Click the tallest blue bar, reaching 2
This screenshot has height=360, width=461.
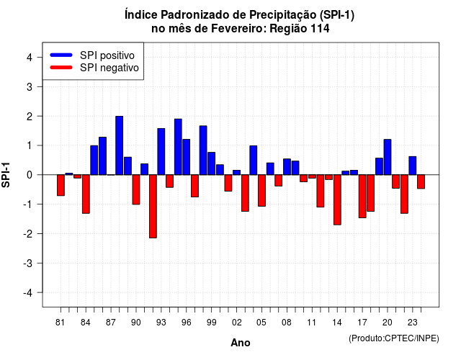tap(119, 145)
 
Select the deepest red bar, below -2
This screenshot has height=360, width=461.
tap(153, 207)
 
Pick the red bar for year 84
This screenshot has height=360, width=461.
tap(86, 194)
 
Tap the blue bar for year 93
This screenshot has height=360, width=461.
tap(161, 152)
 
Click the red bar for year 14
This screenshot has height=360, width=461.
tap(337, 200)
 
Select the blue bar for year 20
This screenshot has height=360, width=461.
tap(388, 157)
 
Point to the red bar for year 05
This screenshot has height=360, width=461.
tap(261, 190)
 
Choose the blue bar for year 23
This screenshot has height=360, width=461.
tap(413, 166)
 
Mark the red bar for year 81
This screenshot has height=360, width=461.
tap(61, 185)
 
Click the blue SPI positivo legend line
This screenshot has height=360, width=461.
tap(61, 55)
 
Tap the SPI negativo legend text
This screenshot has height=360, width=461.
tap(109, 68)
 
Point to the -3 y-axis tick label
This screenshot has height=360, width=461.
tap(28, 264)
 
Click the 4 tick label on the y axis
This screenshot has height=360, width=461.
tap(30, 58)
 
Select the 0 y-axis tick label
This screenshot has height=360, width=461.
tap(30, 175)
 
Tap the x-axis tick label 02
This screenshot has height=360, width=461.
tap(237, 323)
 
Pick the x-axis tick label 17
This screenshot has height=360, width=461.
tap(362, 323)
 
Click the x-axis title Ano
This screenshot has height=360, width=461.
tap(241, 343)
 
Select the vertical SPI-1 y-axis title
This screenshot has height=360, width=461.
tap(6, 175)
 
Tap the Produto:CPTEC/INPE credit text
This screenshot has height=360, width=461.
tap(394, 338)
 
